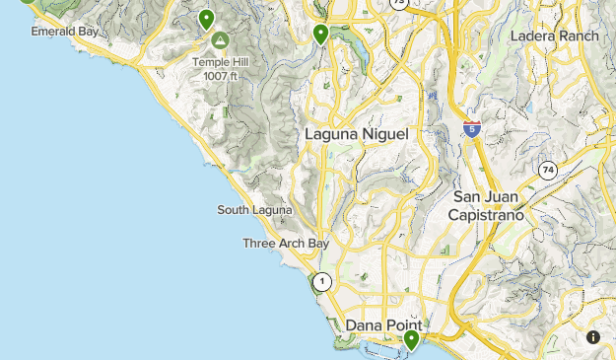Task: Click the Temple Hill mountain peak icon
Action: tap(218, 41)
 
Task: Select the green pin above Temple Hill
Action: tap(206, 19)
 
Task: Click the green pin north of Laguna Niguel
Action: tap(320, 35)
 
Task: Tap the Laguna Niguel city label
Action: tap(356, 133)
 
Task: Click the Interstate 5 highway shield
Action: tap(472, 129)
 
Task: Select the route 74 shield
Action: tap(547, 171)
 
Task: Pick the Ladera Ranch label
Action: tap(555, 36)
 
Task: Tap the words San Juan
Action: tap(485, 196)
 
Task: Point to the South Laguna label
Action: tap(254, 210)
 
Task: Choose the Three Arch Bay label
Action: tap(286, 244)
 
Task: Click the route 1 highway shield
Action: tap(322, 282)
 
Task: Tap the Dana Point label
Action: tap(383, 324)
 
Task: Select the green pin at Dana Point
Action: tap(411, 340)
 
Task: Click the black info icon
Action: tap(593, 337)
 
